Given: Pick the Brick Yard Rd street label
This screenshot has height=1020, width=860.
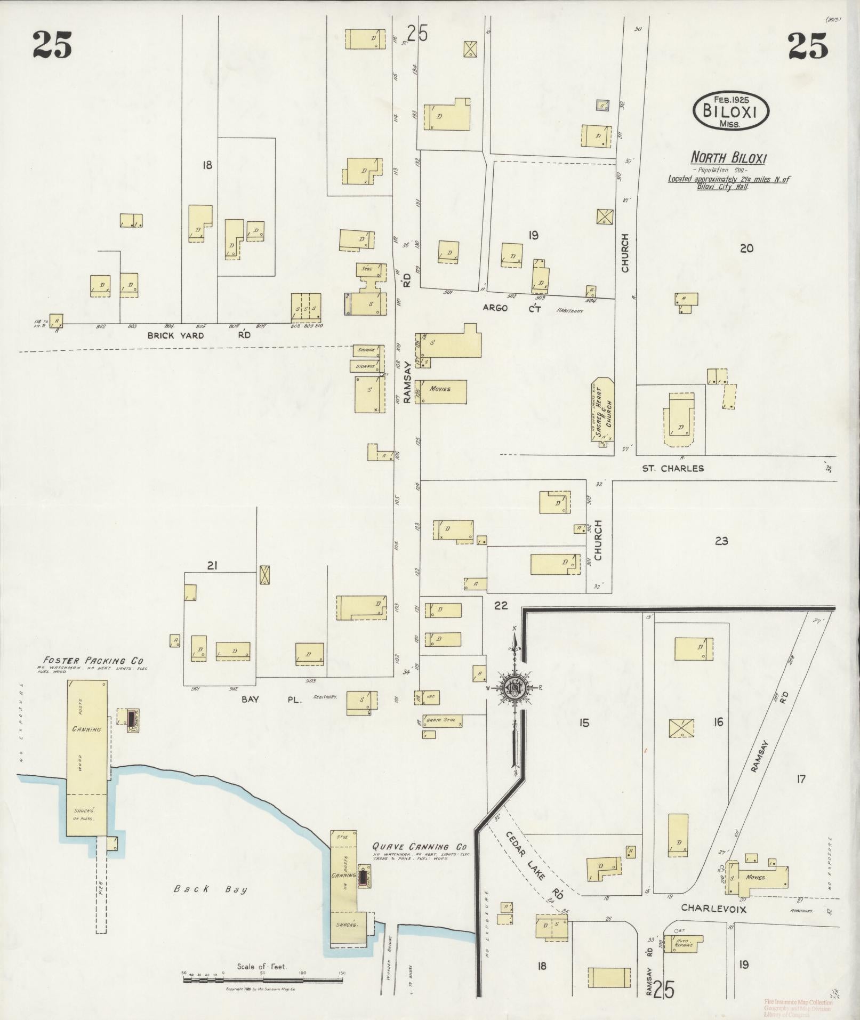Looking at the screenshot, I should pos(199,335).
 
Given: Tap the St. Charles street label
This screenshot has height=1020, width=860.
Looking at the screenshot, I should pos(672,468).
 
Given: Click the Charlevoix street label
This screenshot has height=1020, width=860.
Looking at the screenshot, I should pos(713,909).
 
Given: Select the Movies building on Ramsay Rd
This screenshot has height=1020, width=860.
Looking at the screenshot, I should pos(441,391).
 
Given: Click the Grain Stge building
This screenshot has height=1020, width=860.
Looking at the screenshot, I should pos(443,721).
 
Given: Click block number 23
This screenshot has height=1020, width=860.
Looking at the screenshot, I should pos(721,541).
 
